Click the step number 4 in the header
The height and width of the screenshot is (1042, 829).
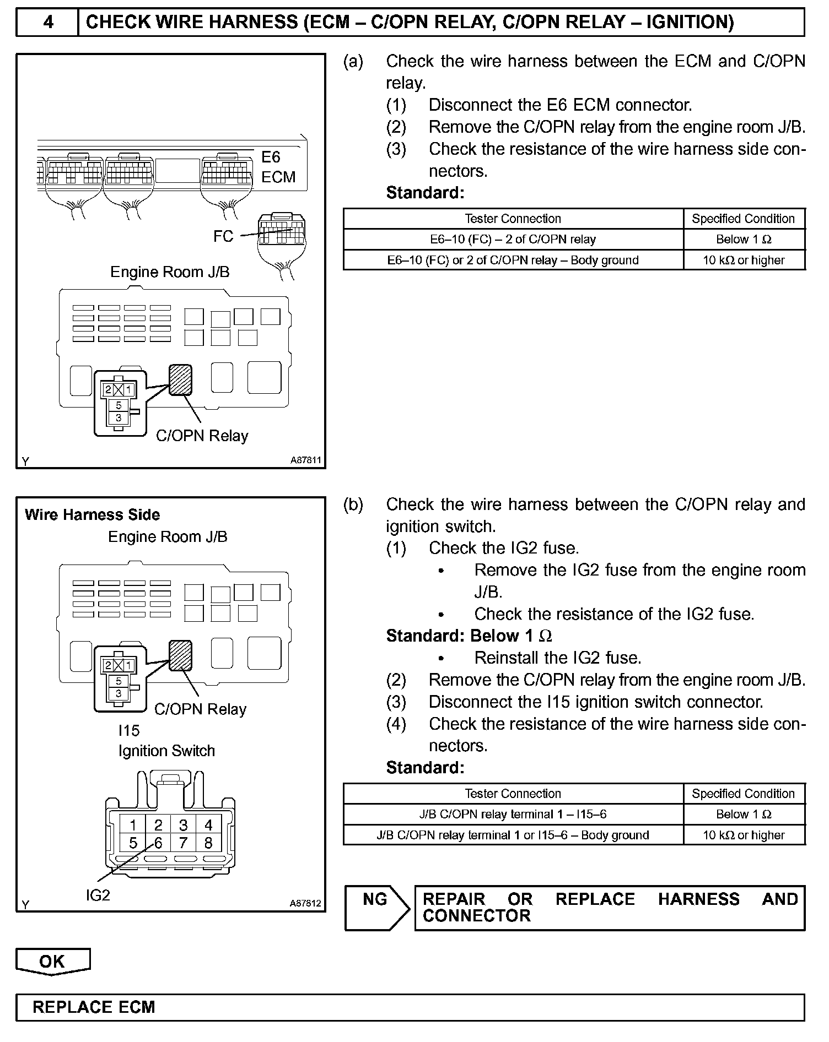pyautogui.click(x=48, y=23)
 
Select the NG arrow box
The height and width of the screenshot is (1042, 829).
pyautogui.click(x=376, y=908)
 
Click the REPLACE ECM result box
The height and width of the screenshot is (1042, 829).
pyautogui.click(x=410, y=1007)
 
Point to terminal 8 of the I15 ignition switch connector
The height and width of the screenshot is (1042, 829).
pyautogui.click(x=208, y=843)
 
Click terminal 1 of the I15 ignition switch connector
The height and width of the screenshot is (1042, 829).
pyautogui.click(x=133, y=825)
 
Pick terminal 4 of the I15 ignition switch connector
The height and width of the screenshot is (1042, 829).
pyautogui.click(x=208, y=825)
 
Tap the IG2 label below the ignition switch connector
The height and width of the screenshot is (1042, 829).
pyautogui.click(x=98, y=896)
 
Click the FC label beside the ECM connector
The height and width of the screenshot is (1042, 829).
pyautogui.click(x=223, y=236)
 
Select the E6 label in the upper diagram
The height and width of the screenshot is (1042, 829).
pyautogui.click(x=271, y=158)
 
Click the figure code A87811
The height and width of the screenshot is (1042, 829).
pyautogui.click(x=305, y=460)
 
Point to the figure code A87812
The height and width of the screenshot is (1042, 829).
pyautogui.click(x=305, y=904)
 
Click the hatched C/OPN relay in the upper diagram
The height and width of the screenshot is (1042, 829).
pyautogui.click(x=180, y=380)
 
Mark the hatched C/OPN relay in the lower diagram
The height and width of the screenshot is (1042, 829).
pyautogui.click(x=180, y=655)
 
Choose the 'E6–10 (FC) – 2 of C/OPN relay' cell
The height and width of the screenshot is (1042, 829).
pyautogui.click(x=513, y=240)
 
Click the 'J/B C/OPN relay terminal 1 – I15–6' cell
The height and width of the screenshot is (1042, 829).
pyautogui.click(x=513, y=815)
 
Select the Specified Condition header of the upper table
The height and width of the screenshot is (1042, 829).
pyautogui.click(x=743, y=219)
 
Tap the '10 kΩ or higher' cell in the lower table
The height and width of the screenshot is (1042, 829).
pyautogui.click(x=743, y=835)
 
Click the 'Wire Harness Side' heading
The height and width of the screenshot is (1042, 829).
pyautogui.click(x=93, y=515)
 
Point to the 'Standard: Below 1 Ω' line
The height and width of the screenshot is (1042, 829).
pyautogui.click(x=469, y=636)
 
